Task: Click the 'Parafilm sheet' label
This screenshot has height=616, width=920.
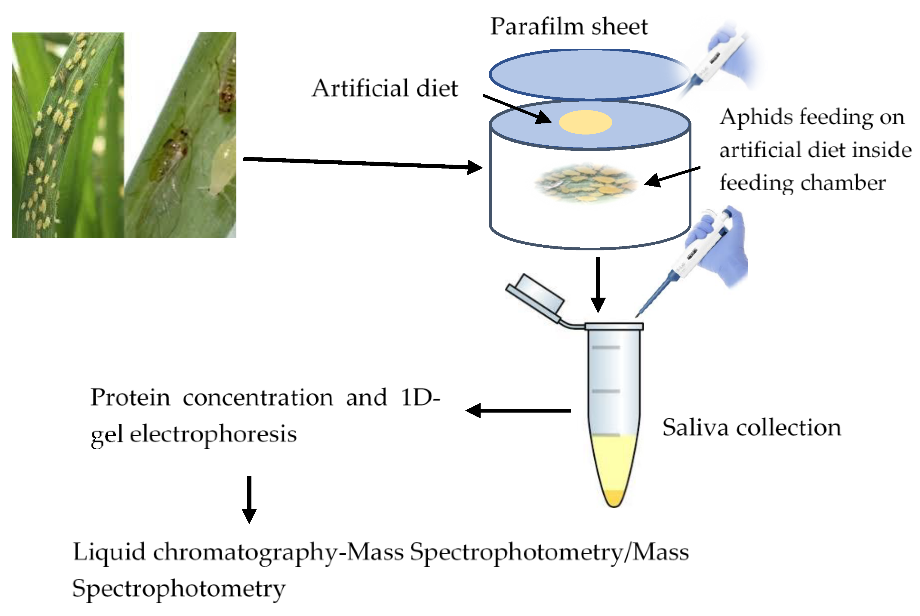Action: [568, 27]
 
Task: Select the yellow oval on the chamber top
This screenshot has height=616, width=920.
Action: [585, 122]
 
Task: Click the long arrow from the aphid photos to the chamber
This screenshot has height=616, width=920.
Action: [361, 163]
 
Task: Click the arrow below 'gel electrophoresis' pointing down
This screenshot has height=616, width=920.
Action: [249, 499]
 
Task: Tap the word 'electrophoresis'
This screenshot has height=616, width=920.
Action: [213, 435]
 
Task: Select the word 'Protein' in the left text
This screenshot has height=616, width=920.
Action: [130, 398]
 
